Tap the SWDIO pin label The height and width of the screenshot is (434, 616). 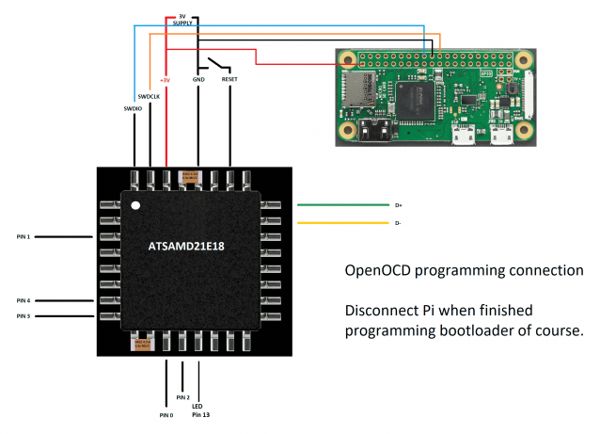point(132,108)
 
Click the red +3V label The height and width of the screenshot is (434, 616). point(166,80)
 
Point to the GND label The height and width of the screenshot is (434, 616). point(197,80)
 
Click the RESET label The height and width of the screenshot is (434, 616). point(229,80)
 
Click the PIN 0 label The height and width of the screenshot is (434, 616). point(166,414)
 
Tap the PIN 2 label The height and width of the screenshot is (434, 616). point(182,398)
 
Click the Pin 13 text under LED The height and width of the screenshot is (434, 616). point(199,414)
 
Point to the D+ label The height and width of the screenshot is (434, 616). point(398,204)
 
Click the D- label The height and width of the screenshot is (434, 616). point(398,223)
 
